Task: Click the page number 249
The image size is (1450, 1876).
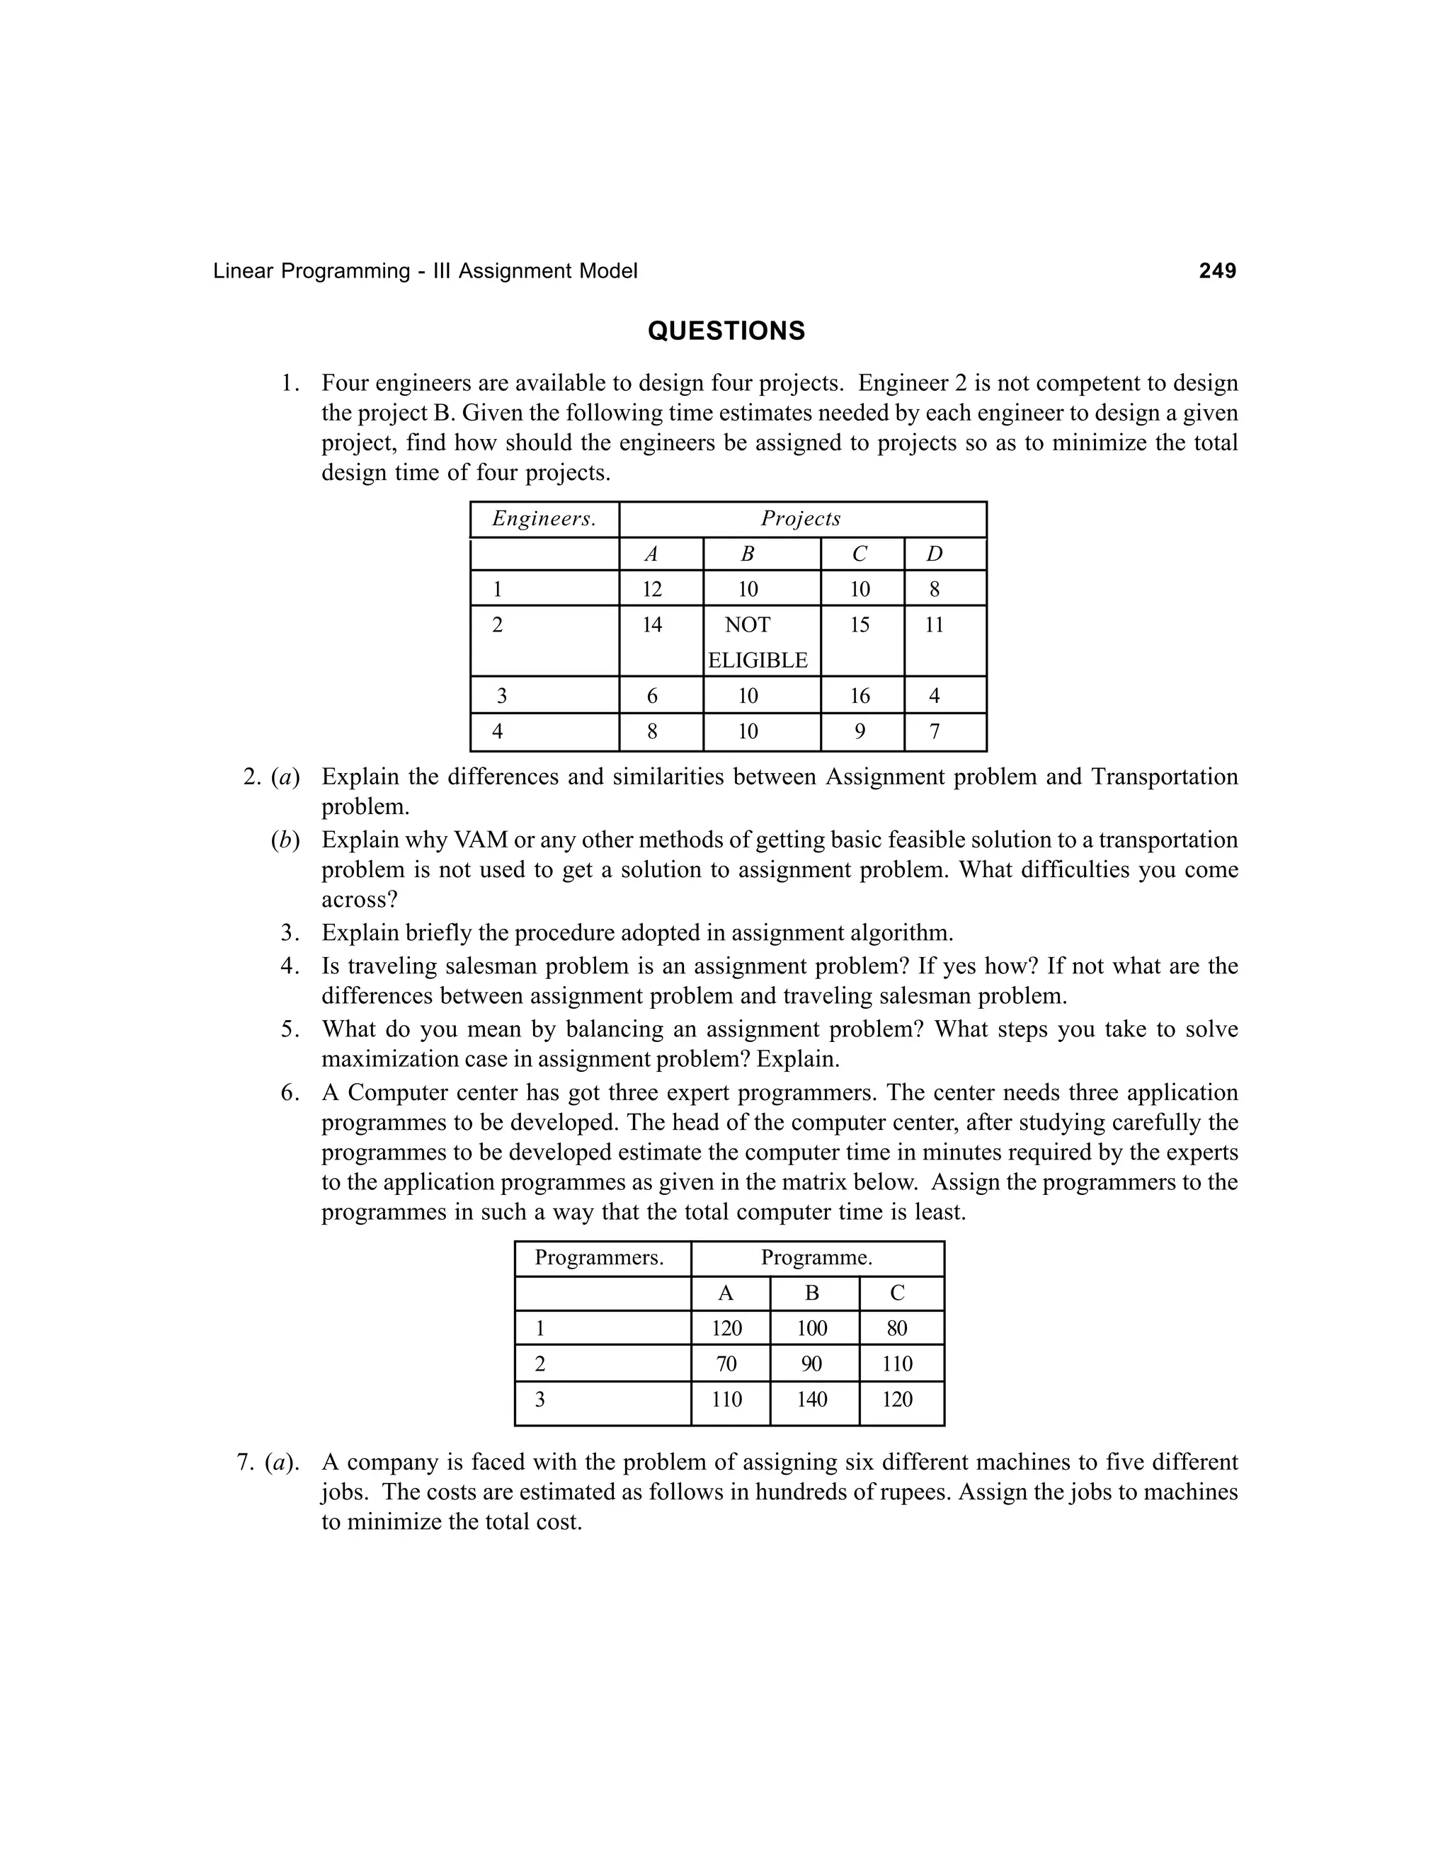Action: coord(1217,271)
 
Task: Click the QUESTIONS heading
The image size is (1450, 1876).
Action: coord(726,331)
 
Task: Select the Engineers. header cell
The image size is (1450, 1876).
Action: coord(544,519)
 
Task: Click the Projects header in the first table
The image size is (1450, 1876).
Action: coord(801,519)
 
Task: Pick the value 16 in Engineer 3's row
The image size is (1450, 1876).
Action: coord(860,696)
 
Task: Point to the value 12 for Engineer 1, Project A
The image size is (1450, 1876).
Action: coord(652,589)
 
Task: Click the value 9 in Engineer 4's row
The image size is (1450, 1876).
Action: coord(860,732)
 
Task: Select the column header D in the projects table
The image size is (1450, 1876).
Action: coord(935,555)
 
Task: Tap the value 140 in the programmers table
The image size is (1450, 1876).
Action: coord(812,1400)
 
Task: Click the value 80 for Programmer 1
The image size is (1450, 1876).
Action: coord(897,1329)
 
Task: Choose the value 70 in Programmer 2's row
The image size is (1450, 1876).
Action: coord(726,1364)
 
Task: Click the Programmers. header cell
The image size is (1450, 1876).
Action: coord(599,1259)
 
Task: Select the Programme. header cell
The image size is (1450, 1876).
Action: coord(816,1259)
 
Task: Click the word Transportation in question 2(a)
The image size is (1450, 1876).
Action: coord(1164,777)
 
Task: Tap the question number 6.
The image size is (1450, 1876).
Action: coord(290,1094)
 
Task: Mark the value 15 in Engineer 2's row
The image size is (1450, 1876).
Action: coord(860,625)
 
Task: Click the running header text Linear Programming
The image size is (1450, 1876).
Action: coord(311,271)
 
